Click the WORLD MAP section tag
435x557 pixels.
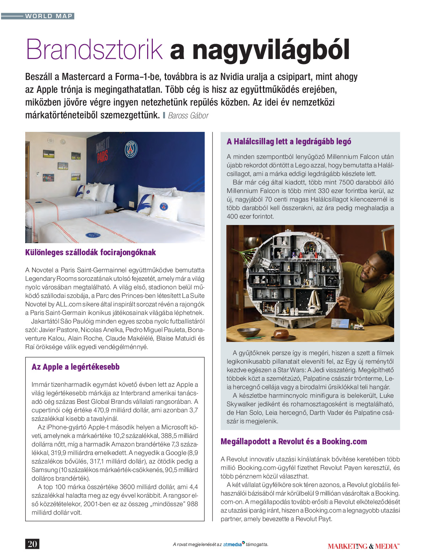49,16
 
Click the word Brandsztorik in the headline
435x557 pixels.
94,50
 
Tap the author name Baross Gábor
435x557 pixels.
188,116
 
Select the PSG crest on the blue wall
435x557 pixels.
131,149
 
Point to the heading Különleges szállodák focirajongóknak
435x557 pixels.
90,252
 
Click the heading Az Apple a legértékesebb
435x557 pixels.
75,367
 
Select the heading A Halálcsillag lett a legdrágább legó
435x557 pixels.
289,141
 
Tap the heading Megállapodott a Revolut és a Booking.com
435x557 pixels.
294,441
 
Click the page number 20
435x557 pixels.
32,544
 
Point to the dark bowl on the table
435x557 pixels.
248,332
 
